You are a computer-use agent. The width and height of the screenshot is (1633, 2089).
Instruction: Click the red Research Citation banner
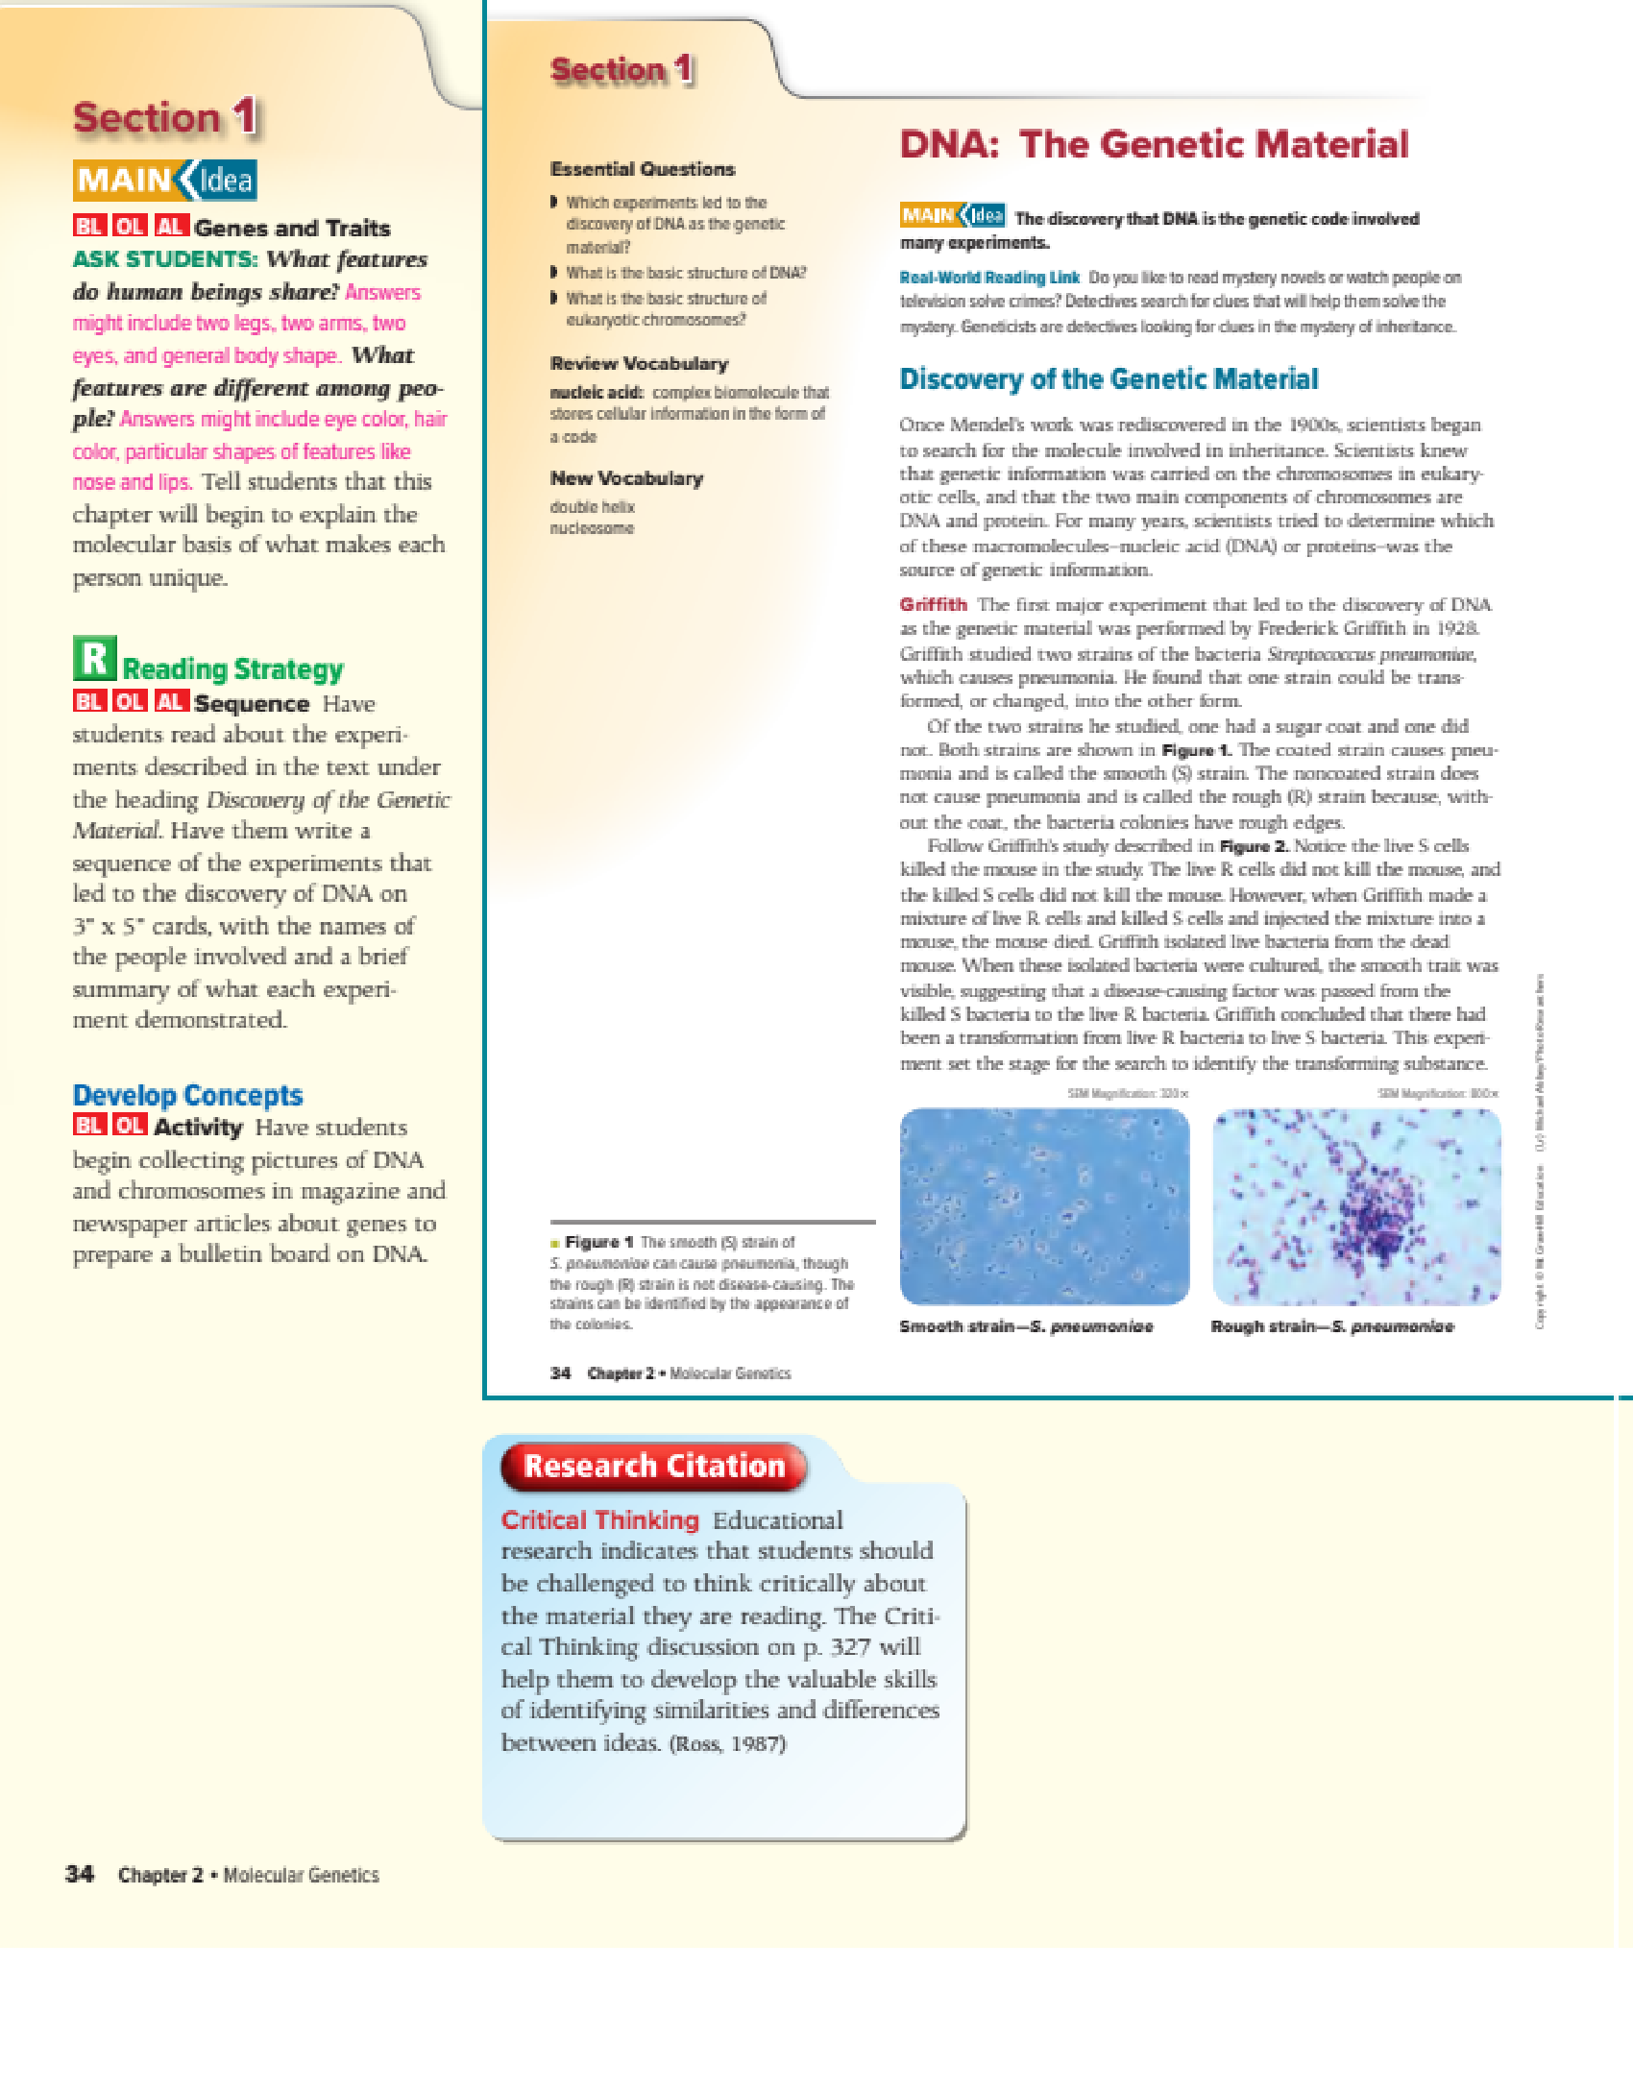[654, 1466]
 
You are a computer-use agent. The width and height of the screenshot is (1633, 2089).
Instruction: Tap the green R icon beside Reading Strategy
[94, 659]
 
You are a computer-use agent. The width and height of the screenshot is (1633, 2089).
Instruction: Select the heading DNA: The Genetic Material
[1154, 145]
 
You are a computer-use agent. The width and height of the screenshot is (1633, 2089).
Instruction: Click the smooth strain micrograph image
[1044, 1206]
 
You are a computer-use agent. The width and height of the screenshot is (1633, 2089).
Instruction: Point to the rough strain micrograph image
[1356, 1206]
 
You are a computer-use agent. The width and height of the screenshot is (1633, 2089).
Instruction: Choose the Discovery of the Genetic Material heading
[1109, 379]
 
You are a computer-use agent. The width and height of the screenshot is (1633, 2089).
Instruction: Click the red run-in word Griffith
[933, 604]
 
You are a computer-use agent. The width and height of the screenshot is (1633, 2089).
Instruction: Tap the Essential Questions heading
[643, 169]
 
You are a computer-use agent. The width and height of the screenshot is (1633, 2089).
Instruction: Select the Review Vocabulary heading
[639, 363]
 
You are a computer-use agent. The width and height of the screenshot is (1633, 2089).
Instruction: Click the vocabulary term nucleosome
[592, 528]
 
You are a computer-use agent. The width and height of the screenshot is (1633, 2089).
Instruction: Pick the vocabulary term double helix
[592, 506]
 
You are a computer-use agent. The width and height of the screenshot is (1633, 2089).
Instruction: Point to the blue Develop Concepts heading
[187, 1095]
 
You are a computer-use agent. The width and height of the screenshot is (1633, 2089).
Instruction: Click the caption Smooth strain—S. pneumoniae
[1026, 1326]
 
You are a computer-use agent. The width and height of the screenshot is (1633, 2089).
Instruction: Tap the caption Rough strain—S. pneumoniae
[1332, 1326]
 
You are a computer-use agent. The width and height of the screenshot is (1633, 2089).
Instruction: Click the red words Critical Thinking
[599, 1519]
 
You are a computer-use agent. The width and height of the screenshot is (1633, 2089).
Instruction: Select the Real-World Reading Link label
[989, 278]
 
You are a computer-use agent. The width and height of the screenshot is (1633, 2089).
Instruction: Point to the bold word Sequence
[252, 703]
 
